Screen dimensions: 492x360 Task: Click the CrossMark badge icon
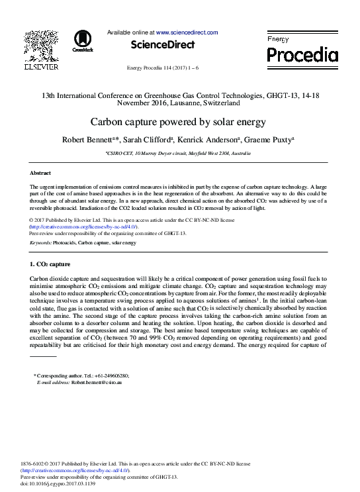[83, 40]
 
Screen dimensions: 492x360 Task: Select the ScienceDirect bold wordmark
[163, 45]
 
